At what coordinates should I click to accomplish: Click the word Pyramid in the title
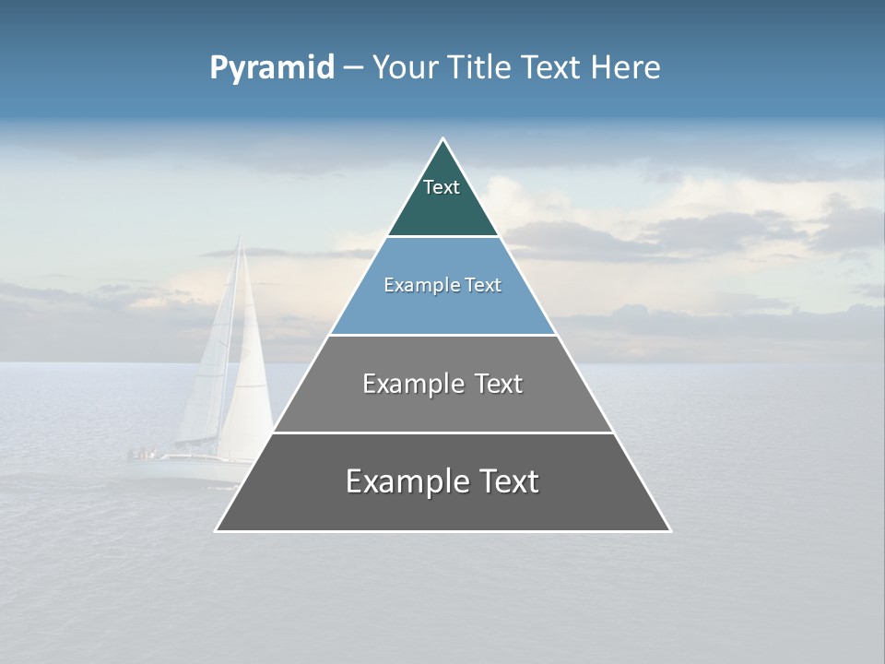point(271,68)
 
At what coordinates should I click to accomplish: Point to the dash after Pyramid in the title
point(352,69)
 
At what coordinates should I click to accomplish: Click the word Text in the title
point(551,68)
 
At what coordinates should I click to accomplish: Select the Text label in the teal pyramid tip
point(442,187)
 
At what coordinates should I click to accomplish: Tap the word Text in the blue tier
point(484,286)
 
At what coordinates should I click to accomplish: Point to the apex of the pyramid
point(443,139)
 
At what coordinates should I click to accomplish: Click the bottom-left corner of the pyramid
point(217,530)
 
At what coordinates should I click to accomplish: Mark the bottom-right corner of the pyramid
point(669,530)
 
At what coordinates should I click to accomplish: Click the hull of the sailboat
point(180,468)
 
